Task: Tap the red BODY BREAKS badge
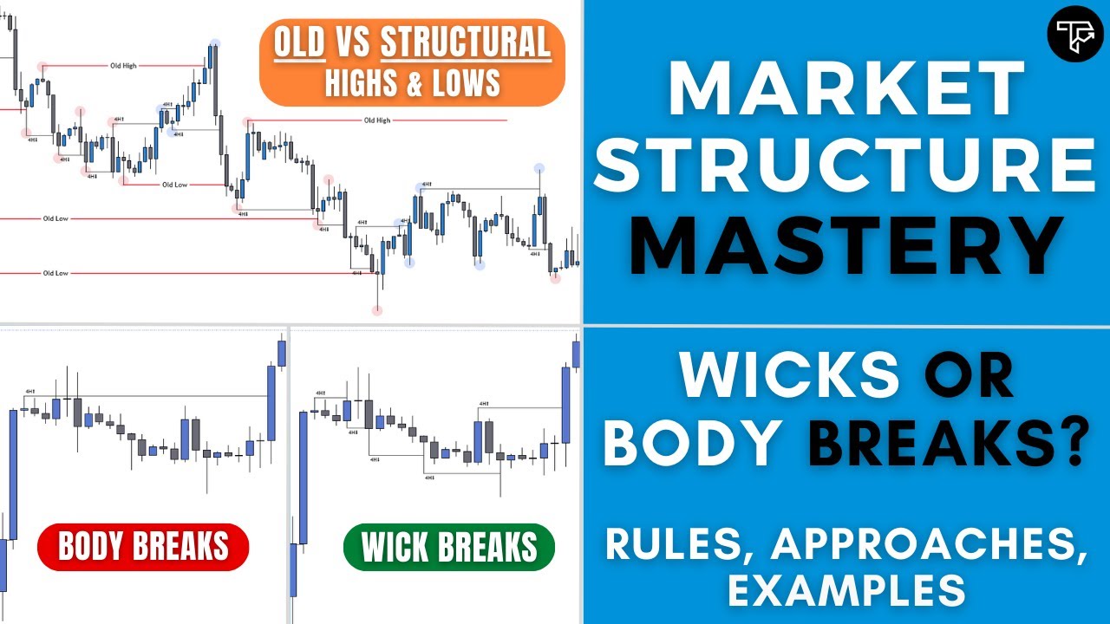(143, 547)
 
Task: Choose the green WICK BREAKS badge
(448, 547)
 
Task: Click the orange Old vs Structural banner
(412, 62)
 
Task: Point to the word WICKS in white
(789, 374)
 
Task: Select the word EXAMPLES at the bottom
(846, 589)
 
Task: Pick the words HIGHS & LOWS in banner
(412, 82)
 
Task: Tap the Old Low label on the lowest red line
(55, 273)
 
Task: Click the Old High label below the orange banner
(376, 120)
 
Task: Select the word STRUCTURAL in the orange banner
(466, 43)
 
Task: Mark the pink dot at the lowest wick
(377, 310)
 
